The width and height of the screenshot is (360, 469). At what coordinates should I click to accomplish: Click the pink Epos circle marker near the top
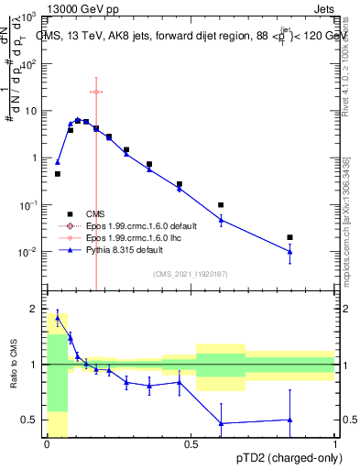coord(96,92)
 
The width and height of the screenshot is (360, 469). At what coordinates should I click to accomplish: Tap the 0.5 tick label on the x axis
coord(191,445)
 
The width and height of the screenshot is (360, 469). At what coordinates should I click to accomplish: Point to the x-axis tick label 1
coord(335,445)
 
